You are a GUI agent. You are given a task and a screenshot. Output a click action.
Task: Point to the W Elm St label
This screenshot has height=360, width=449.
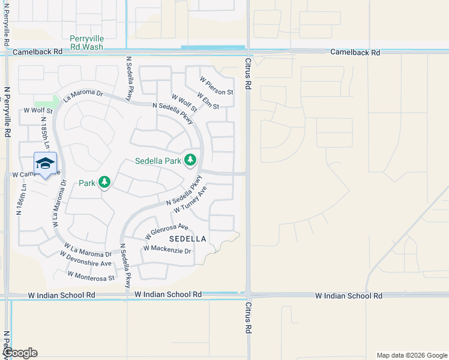tap(208, 102)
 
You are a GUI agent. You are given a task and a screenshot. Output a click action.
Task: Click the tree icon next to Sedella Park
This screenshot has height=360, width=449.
tap(190, 160)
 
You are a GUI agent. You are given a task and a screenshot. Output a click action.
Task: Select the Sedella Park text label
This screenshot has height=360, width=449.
tap(157, 161)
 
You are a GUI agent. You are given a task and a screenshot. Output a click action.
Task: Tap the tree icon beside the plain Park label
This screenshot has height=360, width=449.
tap(105, 181)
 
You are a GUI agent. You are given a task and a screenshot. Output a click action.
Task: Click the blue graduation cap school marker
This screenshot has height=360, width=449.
tap(46, 164)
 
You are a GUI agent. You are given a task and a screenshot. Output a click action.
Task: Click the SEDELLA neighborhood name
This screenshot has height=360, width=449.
tap(187, 239)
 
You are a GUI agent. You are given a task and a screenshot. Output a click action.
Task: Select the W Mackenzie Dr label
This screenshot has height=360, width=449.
tap(167, 248)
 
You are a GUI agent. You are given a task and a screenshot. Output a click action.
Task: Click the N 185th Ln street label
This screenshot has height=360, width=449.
tap(45, 130)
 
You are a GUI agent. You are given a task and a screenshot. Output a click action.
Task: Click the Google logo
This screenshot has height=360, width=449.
tap(19, 353)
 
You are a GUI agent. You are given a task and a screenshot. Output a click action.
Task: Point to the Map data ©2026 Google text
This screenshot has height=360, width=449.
tap(411, 355)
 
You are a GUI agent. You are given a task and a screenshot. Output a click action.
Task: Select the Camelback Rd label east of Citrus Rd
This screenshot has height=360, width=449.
tap(355, 53)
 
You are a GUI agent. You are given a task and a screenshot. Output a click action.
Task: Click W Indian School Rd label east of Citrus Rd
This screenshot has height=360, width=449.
tap(349, 296)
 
